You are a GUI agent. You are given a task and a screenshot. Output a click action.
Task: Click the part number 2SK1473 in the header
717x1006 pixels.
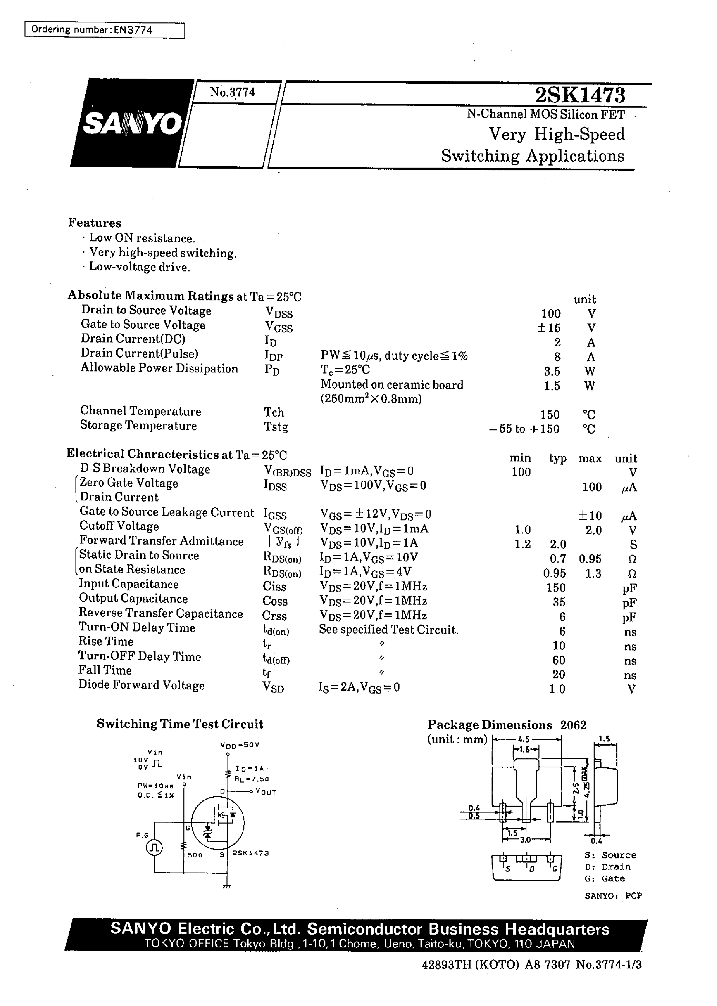pyautogui.click(x=580, y=94)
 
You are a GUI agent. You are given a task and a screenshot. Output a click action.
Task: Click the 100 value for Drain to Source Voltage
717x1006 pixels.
pyautogui.click(x=551, y=313)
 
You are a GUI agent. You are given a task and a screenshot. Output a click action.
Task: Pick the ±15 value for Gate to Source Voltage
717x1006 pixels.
pyautogui.click(x=550, y=328)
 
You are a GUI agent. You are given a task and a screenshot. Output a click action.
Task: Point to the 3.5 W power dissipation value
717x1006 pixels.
pyautogui.click(x=552, y=371)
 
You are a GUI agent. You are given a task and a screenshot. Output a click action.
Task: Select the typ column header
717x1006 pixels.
pyautogui.click(x=558, y=458)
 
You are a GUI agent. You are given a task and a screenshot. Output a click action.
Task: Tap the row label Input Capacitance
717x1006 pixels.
pyautogui.click(x=129, y=584)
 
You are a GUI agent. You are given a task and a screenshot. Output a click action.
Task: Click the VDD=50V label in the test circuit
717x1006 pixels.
pyautogui.click(x=239, y=745)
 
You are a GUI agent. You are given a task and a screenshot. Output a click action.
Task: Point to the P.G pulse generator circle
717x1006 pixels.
pyautogui.click(x=154, y=847)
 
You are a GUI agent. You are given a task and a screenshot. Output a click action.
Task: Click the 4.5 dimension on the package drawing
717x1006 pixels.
pyautogui.click(x=524, y=739)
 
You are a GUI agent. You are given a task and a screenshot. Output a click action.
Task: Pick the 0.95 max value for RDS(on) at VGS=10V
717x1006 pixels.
pyautogui.click(x=590, y=559)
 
